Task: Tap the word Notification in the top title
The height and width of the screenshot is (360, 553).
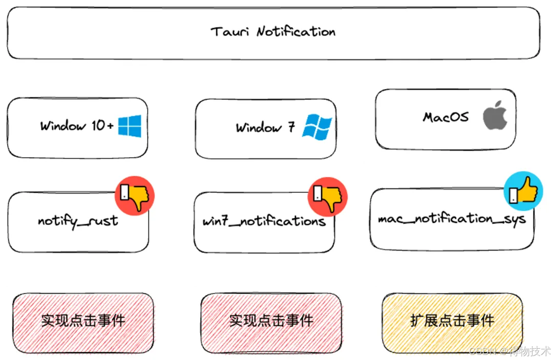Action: click(296, 32)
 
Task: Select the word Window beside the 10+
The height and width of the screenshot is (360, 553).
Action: click(63, 125)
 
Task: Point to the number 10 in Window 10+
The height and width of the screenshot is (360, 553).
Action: click(98, 125)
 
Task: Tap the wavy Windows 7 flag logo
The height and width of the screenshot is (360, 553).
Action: click(317, 126)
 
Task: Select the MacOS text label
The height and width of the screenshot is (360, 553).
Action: click(445, 117)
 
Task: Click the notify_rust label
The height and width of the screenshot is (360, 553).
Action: click(78, 222)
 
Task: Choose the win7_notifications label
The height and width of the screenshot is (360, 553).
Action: click(264, 222)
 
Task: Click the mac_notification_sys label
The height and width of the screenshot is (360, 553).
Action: click(452, 219)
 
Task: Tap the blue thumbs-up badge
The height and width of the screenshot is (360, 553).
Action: click(523, 191)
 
